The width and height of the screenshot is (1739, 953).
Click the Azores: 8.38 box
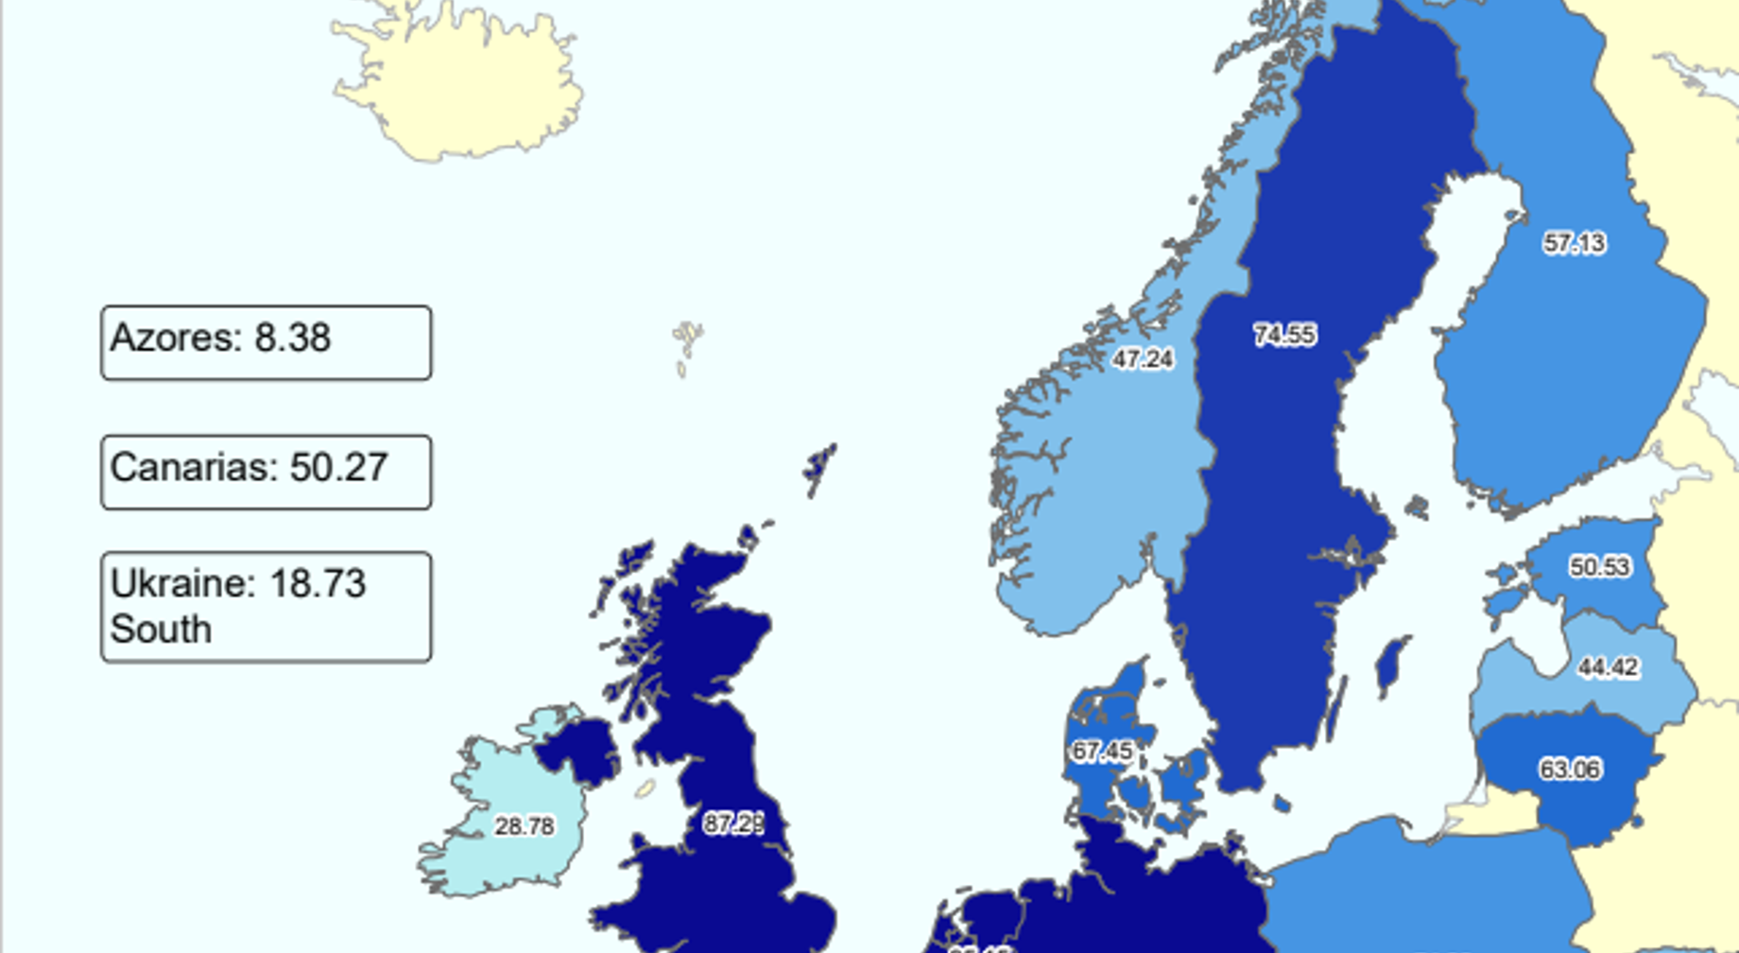(x=266, y=342)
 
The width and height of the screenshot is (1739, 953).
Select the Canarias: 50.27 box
(x=266, y=472)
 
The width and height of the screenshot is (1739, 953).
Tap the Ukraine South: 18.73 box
(x=266, y=607)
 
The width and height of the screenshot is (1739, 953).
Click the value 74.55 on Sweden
(x=1284, y=335)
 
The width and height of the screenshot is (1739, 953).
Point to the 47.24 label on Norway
(x=1143, y=359)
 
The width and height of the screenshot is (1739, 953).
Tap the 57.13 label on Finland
(x=1574, y=243)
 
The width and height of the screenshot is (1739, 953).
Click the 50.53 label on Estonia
(x=1599, y=566)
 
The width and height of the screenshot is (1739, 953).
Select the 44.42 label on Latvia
(x=1608, y=667)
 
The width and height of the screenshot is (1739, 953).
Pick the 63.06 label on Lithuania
(x=1570, y=770)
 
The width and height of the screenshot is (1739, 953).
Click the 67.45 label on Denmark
(x=1102, y=752)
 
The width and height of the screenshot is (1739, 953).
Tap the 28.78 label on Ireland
(x=525, y=826)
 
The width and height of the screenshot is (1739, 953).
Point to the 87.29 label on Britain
(x=733, y=824)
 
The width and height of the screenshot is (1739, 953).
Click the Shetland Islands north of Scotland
(x=818, y=466)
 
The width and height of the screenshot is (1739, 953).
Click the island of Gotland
(x=1390, y=663)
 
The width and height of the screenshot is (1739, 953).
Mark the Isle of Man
(x=646, y=788)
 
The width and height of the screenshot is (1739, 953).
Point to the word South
(x=161, y=630)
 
